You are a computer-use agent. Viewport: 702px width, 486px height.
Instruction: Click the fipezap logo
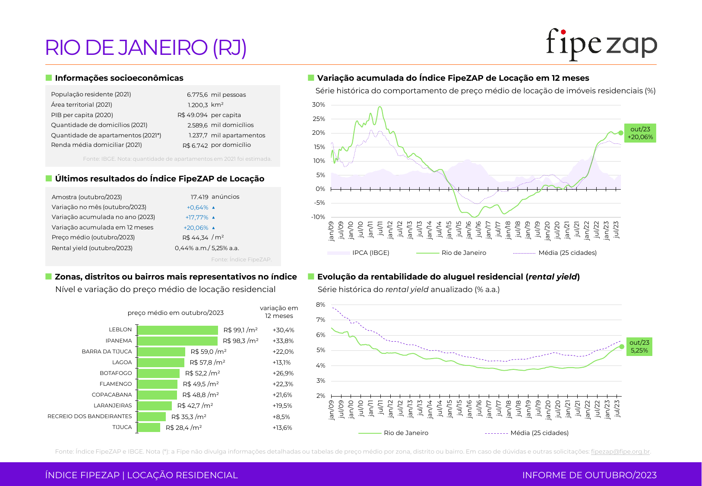click(x=601, y=44)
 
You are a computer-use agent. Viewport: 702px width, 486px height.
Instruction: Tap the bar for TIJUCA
click(x=149, y=428)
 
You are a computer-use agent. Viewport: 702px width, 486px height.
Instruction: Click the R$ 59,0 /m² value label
click(x=209, y=352)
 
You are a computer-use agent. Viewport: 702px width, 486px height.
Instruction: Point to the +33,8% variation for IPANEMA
click(x=283, y=341)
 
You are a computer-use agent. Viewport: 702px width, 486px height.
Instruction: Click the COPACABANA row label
click(x=112, y=395)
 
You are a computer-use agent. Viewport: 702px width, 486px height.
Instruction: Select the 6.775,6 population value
click(x=197, y=95)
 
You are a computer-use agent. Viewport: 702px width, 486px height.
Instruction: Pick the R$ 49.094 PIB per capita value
click(x=193, y=115)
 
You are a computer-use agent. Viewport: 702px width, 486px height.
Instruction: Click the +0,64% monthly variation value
click(x=198, y=207)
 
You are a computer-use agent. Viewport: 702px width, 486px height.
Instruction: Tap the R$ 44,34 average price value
click(x=195, y=238)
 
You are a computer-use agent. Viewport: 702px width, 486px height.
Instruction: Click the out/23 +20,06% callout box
click(x=640, y=133)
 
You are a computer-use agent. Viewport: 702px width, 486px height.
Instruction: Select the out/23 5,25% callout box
click(x=639, y=346)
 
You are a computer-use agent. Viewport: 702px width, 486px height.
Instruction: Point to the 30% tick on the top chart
click(x=319, y=105)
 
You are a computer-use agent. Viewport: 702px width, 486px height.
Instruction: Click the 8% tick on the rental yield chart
click(x=320, y=305)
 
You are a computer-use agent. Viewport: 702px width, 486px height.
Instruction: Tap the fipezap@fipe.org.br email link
click(x=620, y=451)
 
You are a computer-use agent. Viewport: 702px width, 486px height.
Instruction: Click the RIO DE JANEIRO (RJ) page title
click(x=146, y=48)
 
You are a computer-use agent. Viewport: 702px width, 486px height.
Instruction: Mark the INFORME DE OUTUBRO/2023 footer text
click(x=589, y=475)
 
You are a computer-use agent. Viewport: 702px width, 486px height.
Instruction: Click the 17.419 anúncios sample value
click(x=215, y=197)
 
